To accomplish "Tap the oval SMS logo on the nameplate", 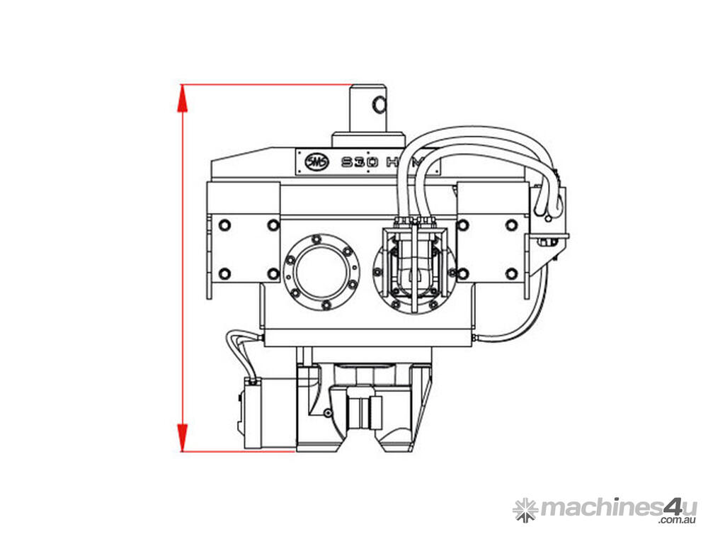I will (314, 161).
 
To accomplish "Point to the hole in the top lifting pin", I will (380, 106).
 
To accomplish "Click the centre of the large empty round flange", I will (319, 271).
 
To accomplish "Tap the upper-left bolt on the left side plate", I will (224, 225).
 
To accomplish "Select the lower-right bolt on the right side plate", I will (511, 273).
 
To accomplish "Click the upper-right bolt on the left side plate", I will (273, 225).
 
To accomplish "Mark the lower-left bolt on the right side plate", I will (463, 273).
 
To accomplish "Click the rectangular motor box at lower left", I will (267, 414).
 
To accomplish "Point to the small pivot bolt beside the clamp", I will (326, 413).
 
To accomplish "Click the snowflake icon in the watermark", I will (525, 509).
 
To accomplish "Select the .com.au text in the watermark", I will (678, 521).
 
